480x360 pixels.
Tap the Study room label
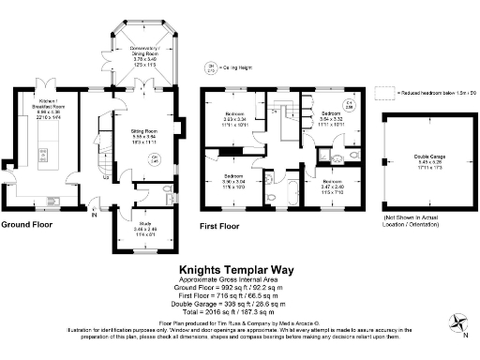[x=133, y=227]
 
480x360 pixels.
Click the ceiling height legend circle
[x=208, y=67]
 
